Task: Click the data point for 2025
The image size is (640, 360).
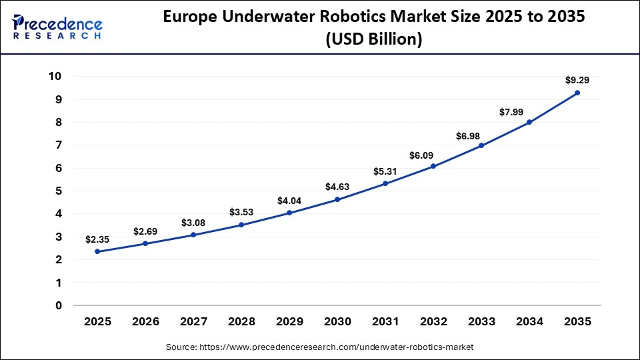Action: (97, 251)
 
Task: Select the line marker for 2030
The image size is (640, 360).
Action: (337, 199)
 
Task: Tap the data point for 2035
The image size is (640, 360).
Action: (577, 93)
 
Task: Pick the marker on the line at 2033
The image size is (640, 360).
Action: (481, 145)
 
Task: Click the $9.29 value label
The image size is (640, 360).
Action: (577, 80)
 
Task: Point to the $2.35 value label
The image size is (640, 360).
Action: (97, 239)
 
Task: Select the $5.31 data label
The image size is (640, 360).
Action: (385, 171)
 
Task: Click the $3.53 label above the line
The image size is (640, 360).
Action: (241, 212)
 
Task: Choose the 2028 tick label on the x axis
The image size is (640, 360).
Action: (241, 321)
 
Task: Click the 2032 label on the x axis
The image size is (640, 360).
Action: (433, 321)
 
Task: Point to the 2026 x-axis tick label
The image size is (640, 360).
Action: (145, 321)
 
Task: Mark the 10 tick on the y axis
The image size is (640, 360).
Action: (55, 77)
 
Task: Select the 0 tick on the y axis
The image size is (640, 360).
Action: (58, 306)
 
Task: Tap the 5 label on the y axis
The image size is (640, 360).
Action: (58, 191)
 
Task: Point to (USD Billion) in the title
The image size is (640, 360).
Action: (373, 39)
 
